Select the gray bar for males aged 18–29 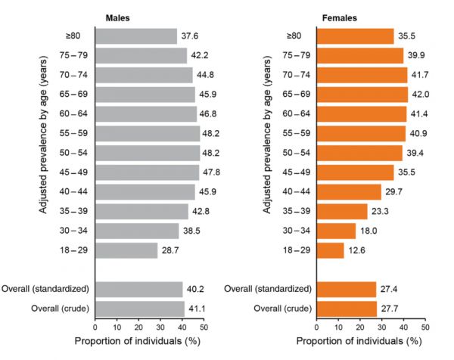click(126, 251)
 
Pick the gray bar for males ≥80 click(136, 36)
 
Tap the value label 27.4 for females click(390, 289)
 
